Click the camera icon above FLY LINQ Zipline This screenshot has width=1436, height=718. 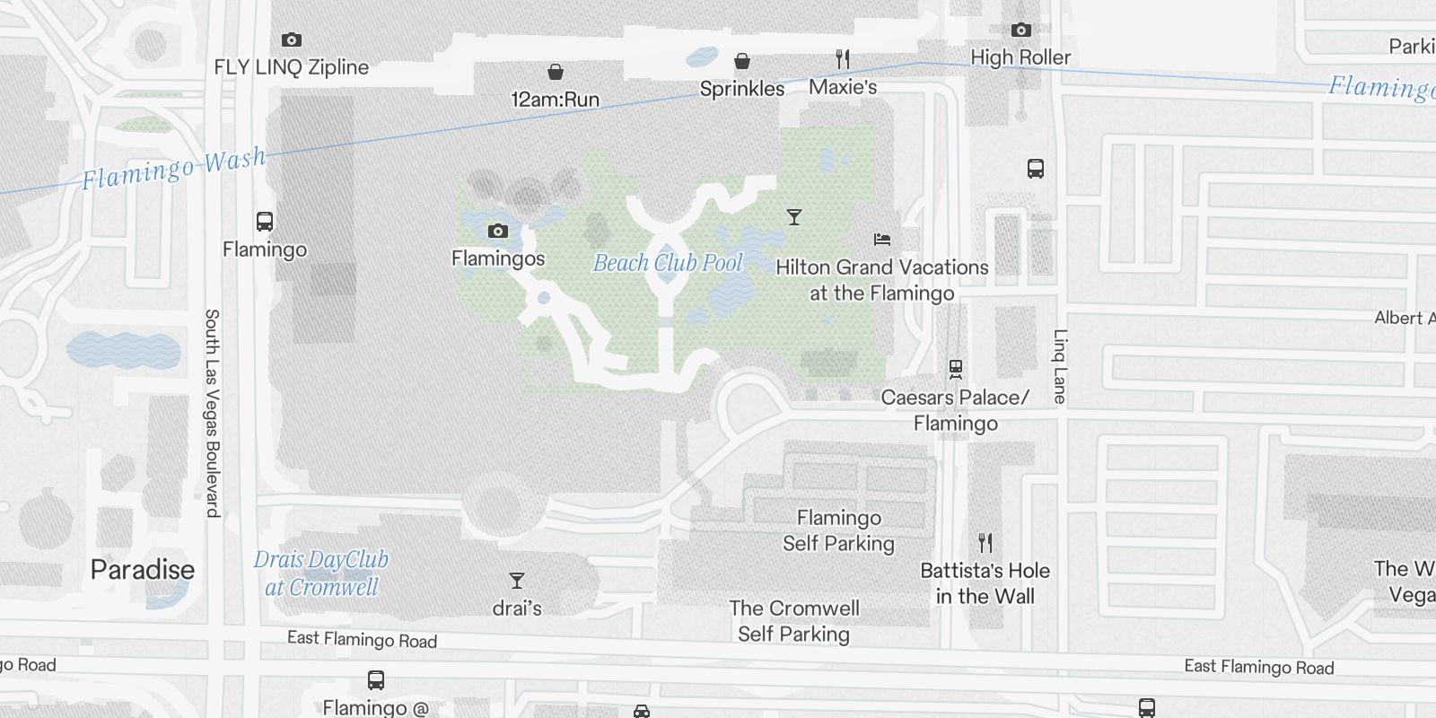pyautogui.click(x=292, y=40)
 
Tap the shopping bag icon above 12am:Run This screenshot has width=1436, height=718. pyautogui.click(x=556, y=72)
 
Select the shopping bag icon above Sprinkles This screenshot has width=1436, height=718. pyautogui.click(x=742, y=61)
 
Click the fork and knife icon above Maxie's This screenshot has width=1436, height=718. pyautogui.click(x=842, y=59)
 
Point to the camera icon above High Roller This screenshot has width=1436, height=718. pyautogui.click(x=1020, y=31)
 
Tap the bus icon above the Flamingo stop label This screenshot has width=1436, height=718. pyautogui.click(x=265, y=222)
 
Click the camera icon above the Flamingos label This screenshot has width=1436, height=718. pyautogui.click(x=498, y=232)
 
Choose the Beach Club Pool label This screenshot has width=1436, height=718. pyautogui.click(x=668, y=263)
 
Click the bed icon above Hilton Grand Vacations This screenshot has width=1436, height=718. pyautogui.click(x=882, y=240)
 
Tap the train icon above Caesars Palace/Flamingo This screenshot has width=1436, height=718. pyautogui.click(x=956, y=369)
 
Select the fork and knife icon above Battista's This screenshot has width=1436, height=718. pyautogui.click(x=985, y=543)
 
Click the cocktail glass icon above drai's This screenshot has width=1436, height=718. pyautogui.click(x=517, y=581)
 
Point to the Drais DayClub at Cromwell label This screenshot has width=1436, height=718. pyautogui.click(x=321, y=574)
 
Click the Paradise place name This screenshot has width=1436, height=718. pyautogui.click(x=143, y=570)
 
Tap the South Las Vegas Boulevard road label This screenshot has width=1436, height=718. pyautogui.click(x=212, y=413)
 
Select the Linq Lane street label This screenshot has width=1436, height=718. pyautogui.click(x=1060, y=366)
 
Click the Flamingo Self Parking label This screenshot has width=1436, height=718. pyautogui.click(x=838, y=530)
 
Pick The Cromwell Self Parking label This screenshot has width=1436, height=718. pyautogui.click(x=793, y=621)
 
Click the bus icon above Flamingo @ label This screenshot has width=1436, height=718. pyautogui.click(x=376, y=680)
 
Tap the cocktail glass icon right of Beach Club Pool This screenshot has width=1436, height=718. pyautogui.click(x=793, y=217)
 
